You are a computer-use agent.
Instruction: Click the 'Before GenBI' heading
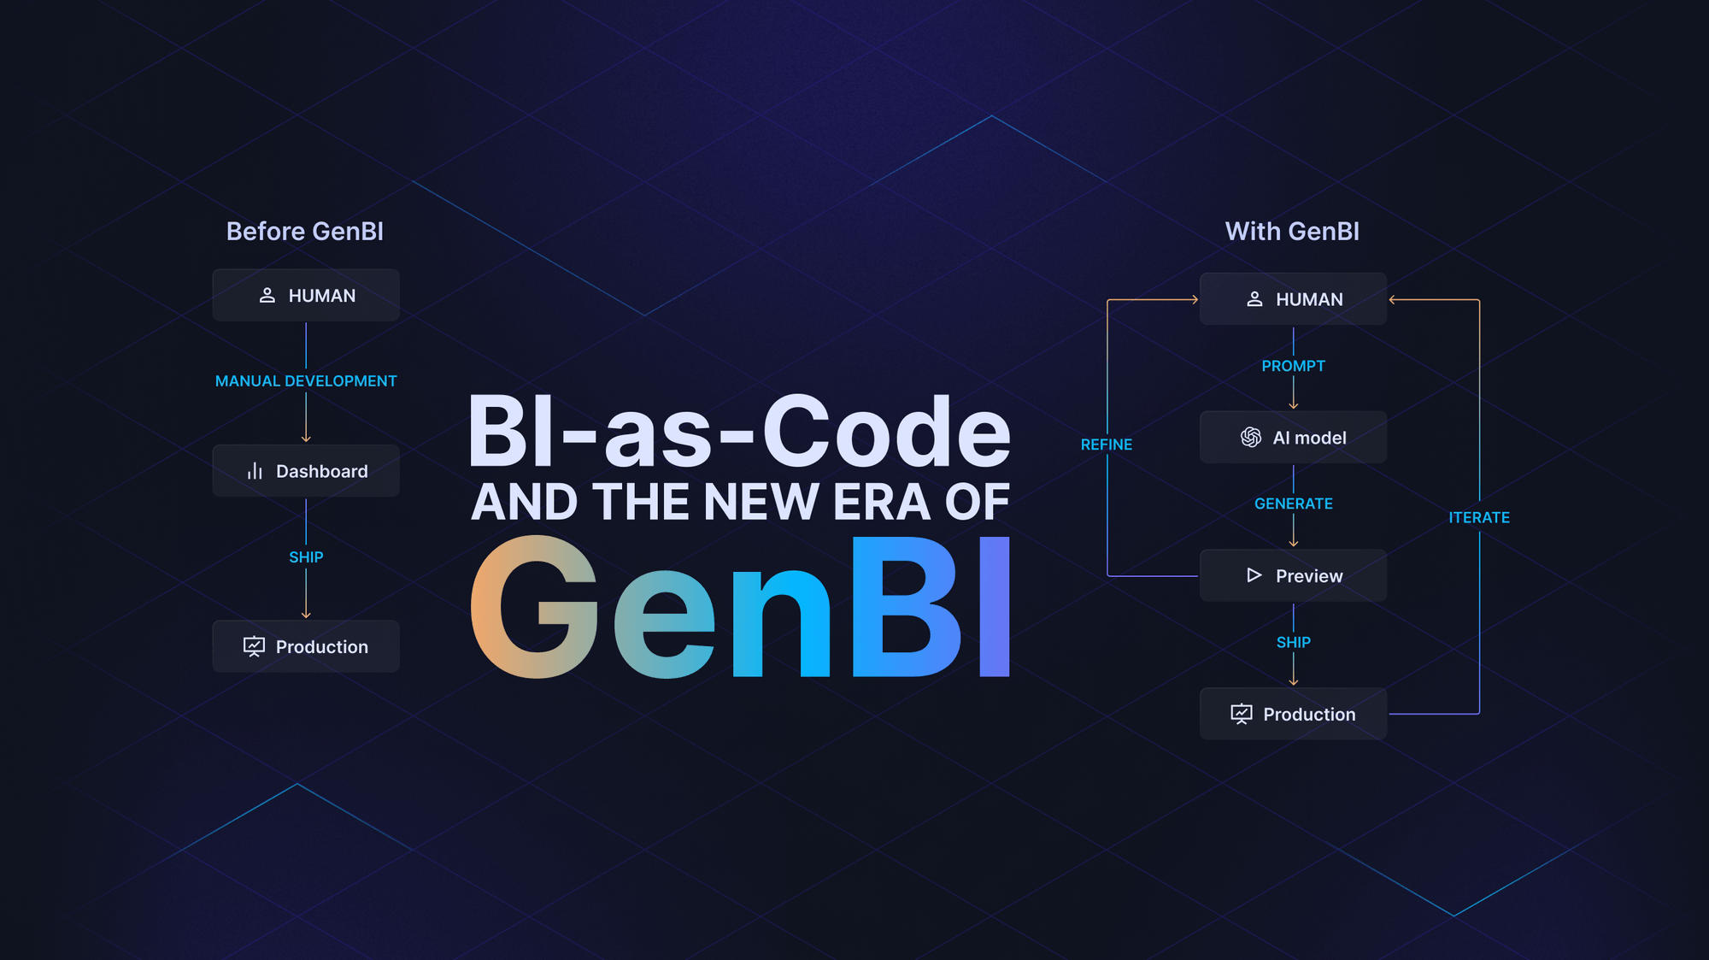pos(304,232)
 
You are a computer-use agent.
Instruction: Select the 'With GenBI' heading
pos(1291,232)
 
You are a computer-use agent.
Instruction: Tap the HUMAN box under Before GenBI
pos(306,296)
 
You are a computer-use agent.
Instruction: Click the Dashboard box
pos(306,471)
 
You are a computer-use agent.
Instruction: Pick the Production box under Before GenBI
pos(306,647)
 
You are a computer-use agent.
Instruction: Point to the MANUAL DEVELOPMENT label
pos(306,381)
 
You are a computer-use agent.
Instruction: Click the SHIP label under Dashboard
pos(306,557)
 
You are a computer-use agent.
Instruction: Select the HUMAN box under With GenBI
pos(1293,299)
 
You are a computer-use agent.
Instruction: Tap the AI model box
pos(1293,438)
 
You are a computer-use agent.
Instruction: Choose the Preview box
pos(1293,576)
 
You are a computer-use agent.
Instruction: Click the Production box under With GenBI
pos(1293,715)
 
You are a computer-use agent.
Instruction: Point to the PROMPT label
pos(1293,366)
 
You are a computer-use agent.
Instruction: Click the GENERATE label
pos(1293,504)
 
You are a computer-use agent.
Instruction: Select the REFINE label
pos(1107,445)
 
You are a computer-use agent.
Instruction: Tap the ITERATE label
pos(1479,518)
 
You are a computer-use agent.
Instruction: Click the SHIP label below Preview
pos(1293,643)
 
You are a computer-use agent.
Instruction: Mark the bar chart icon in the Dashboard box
pos(255,471)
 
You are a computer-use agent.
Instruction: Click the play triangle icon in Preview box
pos(1254,575)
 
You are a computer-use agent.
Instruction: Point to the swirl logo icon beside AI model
pos(1251,438)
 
